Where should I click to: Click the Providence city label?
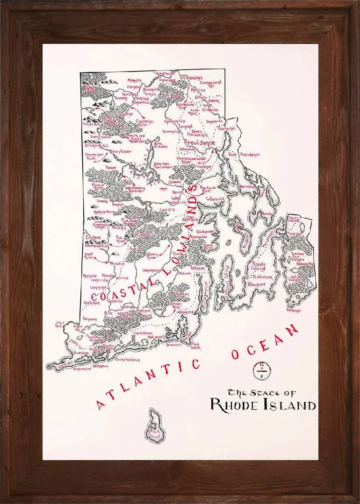(200, 142)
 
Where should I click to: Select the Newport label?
(256, 284)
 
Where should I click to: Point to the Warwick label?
(214, 199)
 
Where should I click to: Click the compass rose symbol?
(258, 369)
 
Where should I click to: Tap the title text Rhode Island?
(262, 405)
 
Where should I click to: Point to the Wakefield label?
(185, 312)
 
